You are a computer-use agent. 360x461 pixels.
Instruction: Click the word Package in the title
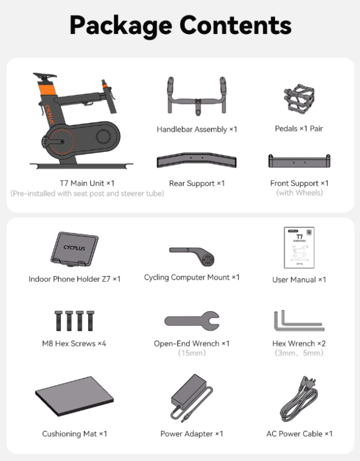[121, 26]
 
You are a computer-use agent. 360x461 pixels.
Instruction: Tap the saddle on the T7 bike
[45, 75]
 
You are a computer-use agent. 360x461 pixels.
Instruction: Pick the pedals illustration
[299, 99]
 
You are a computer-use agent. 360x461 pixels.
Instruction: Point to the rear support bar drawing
[197, 160]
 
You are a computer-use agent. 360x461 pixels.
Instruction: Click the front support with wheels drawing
[299, 161]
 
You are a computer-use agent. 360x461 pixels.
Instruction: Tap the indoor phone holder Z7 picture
[74, 249]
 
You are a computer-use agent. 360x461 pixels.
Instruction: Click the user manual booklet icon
[299, 248]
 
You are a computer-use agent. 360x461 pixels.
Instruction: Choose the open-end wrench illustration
[192, 321]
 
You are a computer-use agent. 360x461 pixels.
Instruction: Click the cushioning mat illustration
[74, 396]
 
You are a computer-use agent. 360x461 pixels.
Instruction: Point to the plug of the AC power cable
[309, 383]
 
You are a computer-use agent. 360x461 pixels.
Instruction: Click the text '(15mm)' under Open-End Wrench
[192, 353]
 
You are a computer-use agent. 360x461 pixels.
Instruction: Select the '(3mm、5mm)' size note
[299, 353]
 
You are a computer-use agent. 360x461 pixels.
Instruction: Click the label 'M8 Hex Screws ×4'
[74, 343]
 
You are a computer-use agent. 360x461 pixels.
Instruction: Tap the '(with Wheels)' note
[299, 193]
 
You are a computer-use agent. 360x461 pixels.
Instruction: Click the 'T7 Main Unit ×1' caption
[87, 183]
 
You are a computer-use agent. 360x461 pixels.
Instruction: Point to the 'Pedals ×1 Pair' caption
[299, 128]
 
